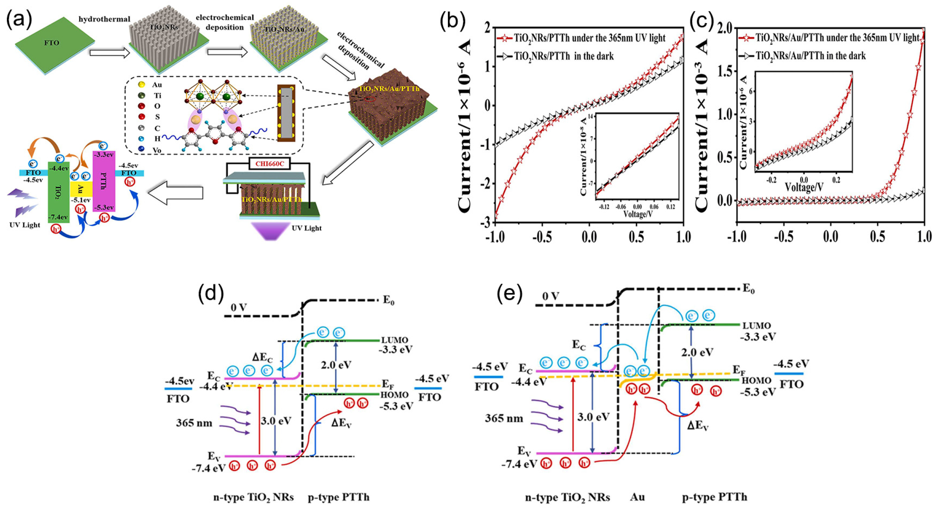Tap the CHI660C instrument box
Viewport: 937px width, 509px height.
pyautogui.click(x=270, y=163)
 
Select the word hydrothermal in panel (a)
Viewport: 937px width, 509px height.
pyautogui.click(x=105, y=19)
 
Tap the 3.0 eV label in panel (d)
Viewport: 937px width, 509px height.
pyautogui.click(x=276, y=421)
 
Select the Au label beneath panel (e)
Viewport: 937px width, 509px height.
pyautogui.click(x=638, y=497)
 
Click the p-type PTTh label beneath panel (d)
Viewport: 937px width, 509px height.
pyautogui.click(x=338, y=497)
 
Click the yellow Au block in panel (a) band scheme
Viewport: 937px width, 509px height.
pyautogui.click(x=81, y=189)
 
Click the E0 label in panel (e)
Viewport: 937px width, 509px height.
pyautogui.click(x=749, y=289)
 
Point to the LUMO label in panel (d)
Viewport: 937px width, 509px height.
pyautogui.click(x=395, y=340)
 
